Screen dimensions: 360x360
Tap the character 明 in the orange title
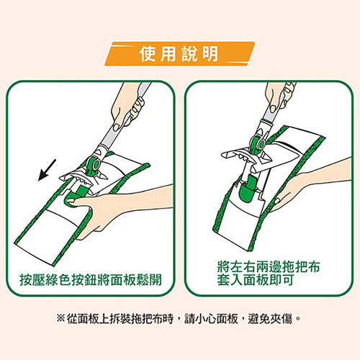point(210,54)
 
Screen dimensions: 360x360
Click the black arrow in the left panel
point(47,170)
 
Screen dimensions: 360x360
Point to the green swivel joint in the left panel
point(93,165)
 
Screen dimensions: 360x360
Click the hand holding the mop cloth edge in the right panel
point(310,185)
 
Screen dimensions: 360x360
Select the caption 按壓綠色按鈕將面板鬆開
point(91,280)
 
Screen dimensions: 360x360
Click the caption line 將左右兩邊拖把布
point(269,266)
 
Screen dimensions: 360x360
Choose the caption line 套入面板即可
point(256,279)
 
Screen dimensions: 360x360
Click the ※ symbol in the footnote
point(60,319)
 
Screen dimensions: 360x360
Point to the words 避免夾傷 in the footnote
point(270,319)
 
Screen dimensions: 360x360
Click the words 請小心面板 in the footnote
point(211,319)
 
